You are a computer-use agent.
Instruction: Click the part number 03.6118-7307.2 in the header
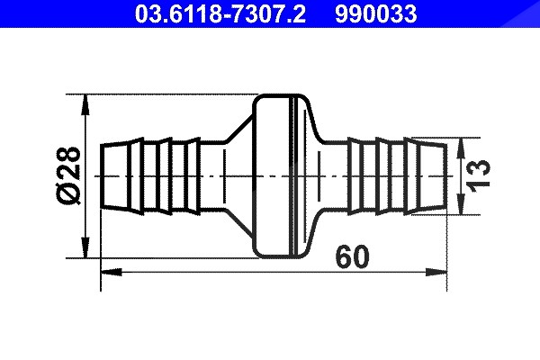[x=220, y=14]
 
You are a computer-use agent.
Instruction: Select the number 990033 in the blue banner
[x=375, y=14]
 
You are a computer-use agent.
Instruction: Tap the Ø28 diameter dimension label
[x=68, y=175]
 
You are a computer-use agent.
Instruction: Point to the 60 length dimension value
[x=352, y=256]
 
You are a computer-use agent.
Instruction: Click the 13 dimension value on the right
[x=478, y=175]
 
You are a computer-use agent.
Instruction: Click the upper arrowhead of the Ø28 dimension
[x=85, y=104]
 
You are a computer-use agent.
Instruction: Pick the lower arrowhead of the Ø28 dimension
[x=85, y=247]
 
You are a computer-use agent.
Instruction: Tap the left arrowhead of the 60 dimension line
[x=112, y=272]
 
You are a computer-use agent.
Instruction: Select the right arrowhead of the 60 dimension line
[x=436, y=272]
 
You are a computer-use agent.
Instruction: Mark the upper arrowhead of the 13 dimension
[x=461, y=148]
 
